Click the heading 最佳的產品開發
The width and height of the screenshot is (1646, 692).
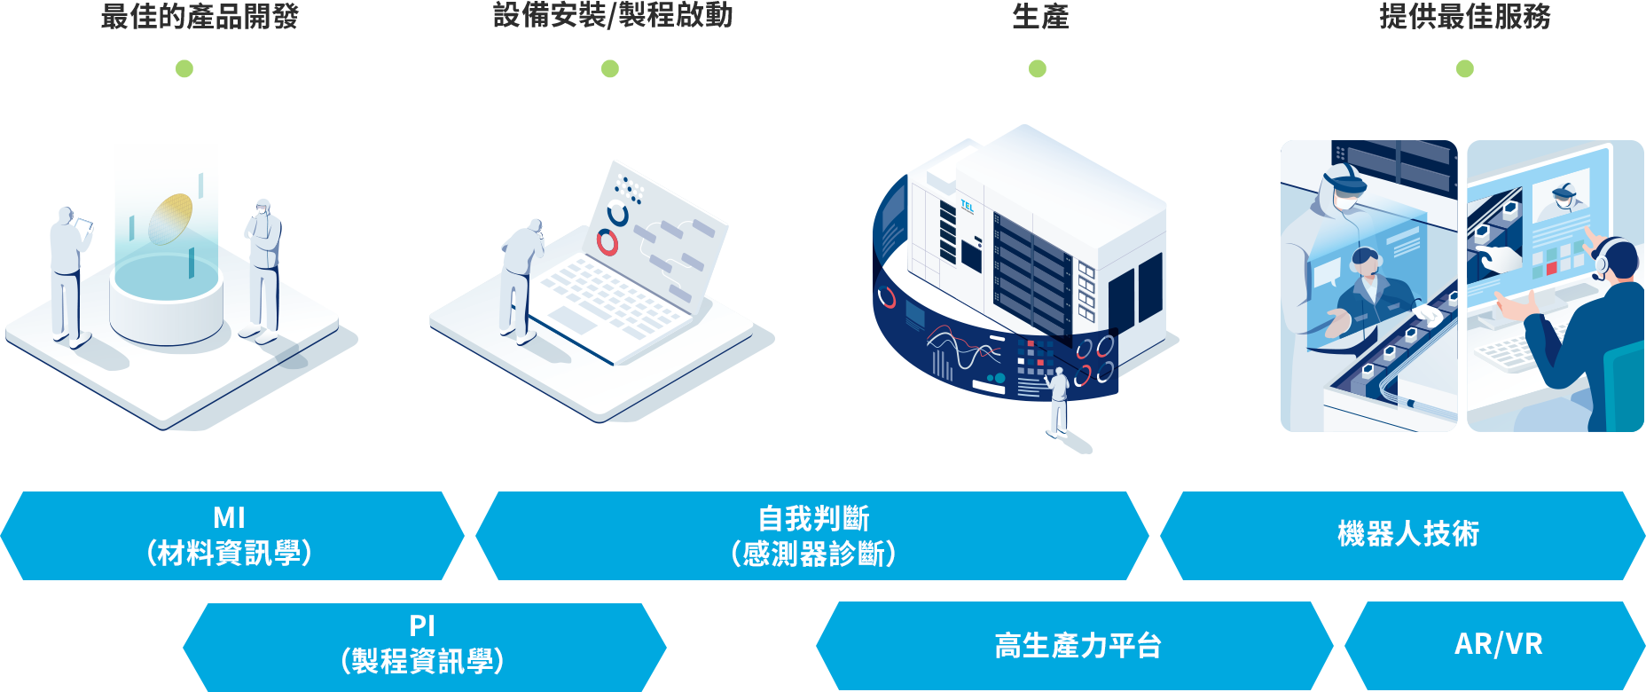coord(200,17)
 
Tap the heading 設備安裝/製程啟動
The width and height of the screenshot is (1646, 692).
coord(612,16)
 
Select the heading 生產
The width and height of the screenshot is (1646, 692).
coord(1039,17)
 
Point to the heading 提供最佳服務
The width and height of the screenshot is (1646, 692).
coord(1464,17)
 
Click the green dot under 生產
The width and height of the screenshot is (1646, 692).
coord(1038,68)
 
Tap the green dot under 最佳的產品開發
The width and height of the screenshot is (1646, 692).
coord(184,68)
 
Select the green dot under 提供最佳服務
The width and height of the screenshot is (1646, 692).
coord(1465,68)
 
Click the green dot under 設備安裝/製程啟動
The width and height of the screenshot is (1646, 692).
coord(610,68)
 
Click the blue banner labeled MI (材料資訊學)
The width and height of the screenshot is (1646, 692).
coord(231,536)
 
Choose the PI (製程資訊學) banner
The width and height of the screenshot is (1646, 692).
coord(424,646)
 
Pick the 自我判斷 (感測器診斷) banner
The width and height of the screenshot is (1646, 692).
coord(812,536)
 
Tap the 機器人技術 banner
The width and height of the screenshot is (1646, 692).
coord(1407,535)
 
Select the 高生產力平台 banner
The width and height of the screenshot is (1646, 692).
coord(1077,646)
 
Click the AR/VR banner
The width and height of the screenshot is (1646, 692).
coord(1497,645)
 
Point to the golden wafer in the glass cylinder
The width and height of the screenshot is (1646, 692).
coord(170,218)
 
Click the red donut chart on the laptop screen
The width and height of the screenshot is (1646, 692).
coord(607,241)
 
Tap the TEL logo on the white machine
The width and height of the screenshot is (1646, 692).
coord(967,207)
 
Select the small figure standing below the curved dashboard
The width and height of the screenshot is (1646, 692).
coord(1058,404)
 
